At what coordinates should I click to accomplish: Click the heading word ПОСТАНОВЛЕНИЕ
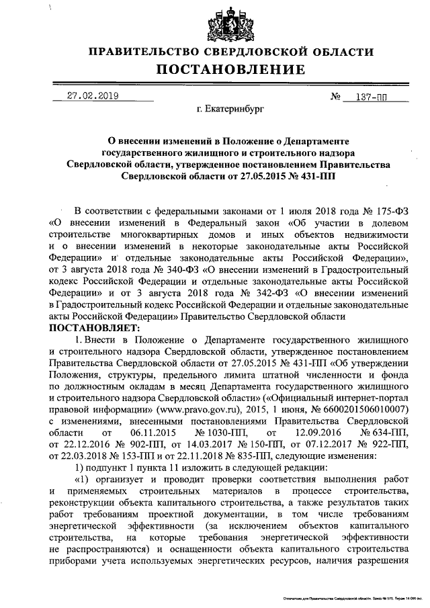pyautogui.click(x=231, y=70)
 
